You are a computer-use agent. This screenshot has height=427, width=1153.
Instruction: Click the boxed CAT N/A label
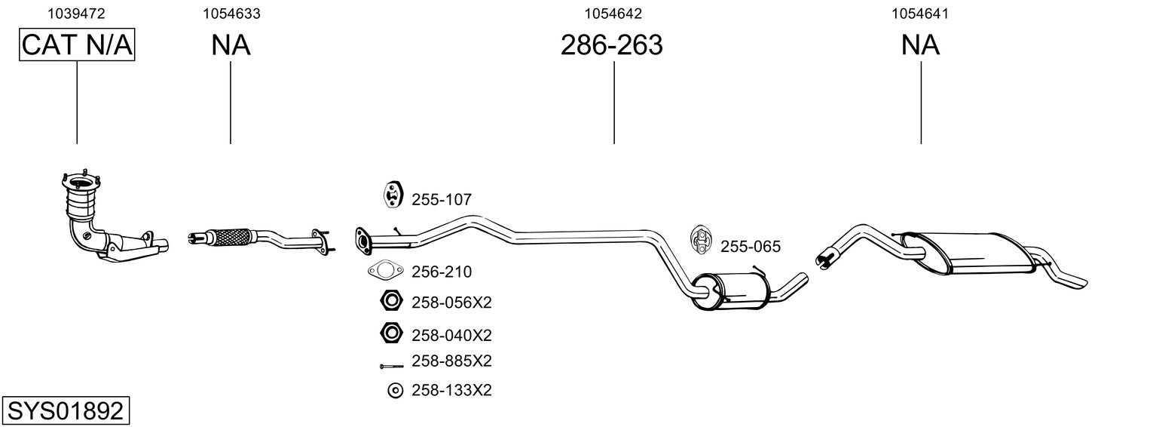click(77, 45)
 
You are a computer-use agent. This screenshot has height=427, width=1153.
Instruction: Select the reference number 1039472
click(76, 14)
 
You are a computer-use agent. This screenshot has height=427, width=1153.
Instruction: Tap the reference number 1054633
click(231, 14)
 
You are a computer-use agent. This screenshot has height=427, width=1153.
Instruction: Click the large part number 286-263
click(611, 45)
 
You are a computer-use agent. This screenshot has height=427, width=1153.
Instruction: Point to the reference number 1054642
click(613, 14)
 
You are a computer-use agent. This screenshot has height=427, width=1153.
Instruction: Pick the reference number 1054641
click(920, 14)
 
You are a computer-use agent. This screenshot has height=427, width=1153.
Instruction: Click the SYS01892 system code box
click(66, 411)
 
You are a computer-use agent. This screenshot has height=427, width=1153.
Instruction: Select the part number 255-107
click(442, 200)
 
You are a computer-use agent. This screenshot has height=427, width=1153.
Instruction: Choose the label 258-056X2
click(451, 303)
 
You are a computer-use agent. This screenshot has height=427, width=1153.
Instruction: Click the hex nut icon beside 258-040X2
click(390, 333)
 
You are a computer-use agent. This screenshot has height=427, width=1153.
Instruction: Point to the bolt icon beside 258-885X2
click(392, 366)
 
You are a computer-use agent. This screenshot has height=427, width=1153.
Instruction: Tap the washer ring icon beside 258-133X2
click(395, 391)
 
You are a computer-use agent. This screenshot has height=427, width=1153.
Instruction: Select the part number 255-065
click(751, 247)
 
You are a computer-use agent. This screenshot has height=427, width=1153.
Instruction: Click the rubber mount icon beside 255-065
click(699, 239)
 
